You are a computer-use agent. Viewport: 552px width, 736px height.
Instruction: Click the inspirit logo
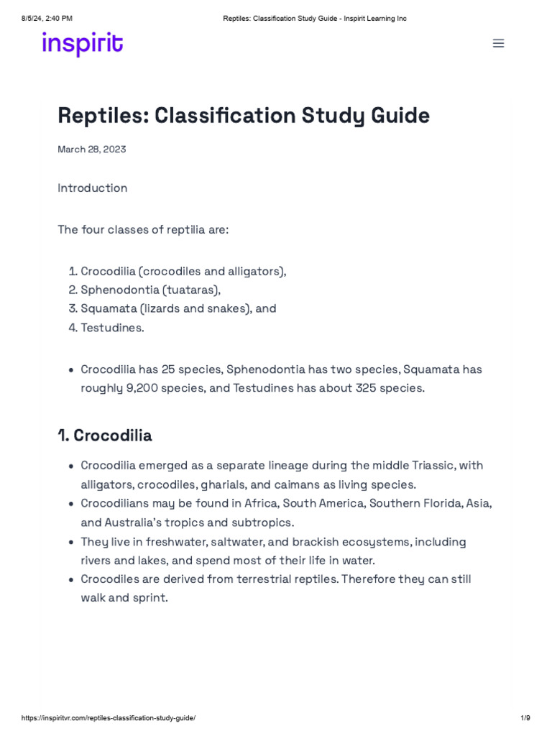[82, 44]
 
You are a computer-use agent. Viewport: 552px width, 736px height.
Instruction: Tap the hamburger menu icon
[498, 43]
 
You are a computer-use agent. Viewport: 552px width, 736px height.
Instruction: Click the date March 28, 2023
[92, 149]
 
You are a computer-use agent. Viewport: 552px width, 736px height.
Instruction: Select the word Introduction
[93, 188]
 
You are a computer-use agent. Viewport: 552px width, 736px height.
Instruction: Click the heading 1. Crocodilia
[105, 436]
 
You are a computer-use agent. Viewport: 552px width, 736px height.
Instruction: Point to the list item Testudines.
[112, 328]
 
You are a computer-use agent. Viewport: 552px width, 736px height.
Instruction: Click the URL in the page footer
[108, 718]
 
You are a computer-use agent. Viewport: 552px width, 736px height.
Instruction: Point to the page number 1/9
[525, 718]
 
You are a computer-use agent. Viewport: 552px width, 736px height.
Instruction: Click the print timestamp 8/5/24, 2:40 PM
[47, 18]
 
